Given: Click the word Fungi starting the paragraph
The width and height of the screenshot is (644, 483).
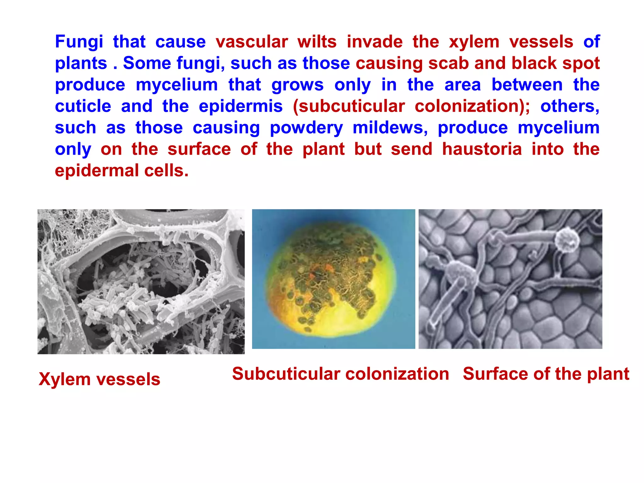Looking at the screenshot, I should pos(79,42).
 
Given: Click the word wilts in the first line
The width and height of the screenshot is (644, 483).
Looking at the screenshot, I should pos(317,42).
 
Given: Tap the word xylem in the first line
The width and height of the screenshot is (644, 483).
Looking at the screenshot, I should pos(474,42).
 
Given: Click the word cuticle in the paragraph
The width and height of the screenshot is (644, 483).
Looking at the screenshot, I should pos(83,106).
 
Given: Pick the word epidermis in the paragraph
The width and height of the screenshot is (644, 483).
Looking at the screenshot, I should pos(241,106).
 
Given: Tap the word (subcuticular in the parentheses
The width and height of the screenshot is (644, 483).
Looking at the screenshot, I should pos(349,106).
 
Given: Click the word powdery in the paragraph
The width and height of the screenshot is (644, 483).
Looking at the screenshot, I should pos(306,128).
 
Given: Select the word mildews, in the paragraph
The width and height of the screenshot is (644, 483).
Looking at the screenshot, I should pos(390,128).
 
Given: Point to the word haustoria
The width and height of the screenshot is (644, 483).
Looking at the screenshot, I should pos(482,149).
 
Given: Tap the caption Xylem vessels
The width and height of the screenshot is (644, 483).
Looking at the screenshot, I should pos(99,379).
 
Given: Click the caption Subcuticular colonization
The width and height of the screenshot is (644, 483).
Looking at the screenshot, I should pos(341,374).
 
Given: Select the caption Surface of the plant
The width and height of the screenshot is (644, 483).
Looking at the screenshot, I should pos(546,374).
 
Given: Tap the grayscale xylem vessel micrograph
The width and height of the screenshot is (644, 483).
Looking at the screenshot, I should pos(141,281).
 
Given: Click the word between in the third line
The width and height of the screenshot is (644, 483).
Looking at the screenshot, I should pos(527,85).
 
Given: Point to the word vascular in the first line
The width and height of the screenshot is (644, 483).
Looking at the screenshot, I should pos(252,42).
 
